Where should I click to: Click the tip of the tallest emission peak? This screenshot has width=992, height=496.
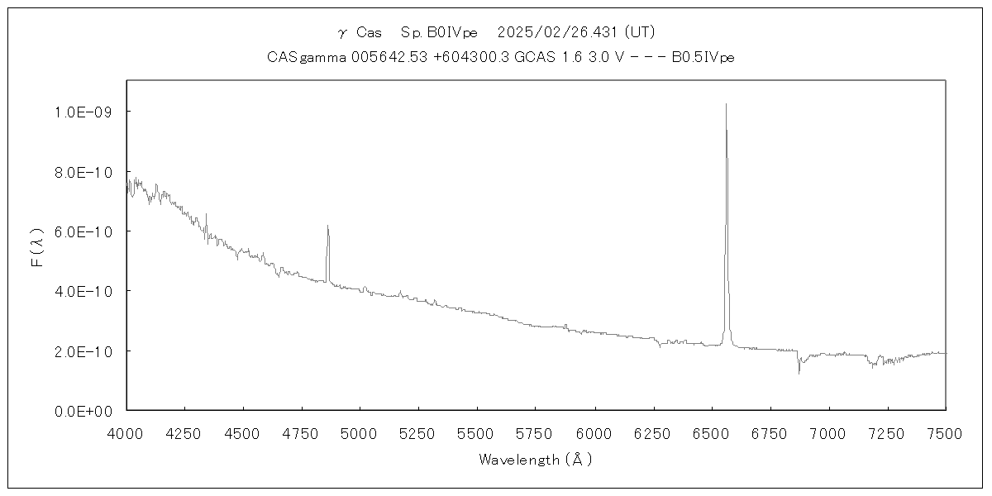click(726, 104)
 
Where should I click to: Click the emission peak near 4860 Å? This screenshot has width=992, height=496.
click(327, 226)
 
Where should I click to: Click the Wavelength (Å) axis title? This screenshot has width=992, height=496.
click(536, 460)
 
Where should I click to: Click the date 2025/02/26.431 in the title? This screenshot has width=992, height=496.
click(559, 32)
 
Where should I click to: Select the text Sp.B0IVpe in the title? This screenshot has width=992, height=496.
click(439, 32)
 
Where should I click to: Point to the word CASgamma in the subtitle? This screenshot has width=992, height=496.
click(301, 57)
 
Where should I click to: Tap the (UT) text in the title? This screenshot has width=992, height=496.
click(640, 32)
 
